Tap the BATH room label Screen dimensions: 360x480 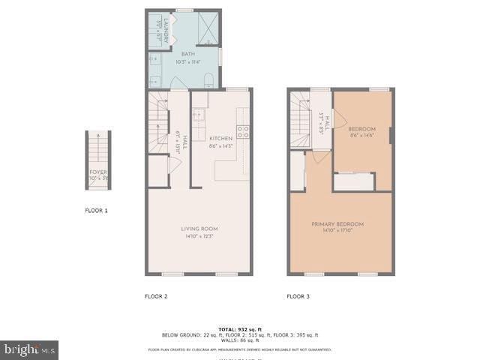(186, 55)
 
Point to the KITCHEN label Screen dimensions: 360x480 (221, 139)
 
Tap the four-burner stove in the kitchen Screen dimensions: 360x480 (243, 133)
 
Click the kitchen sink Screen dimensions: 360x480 (199, 115)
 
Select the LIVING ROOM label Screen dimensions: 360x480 (199, 229)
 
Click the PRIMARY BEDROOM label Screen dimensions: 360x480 (337, 224)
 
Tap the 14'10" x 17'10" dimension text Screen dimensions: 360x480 (337, 230)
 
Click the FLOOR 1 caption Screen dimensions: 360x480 (96, 211)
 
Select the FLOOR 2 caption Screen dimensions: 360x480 (156, 296)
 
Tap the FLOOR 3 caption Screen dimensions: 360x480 (298, 296)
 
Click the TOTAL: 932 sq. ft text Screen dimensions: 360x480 (240, 329)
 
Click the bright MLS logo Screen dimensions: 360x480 (30, 349)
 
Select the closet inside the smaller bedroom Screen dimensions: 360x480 (353, 182)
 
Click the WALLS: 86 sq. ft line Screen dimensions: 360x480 (240, 340)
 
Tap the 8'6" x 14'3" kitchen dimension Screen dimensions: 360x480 (221, 145)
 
